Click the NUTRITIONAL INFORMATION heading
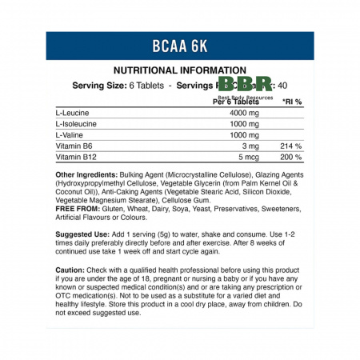tap(179, 70)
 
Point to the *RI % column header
tap(291, 102)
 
